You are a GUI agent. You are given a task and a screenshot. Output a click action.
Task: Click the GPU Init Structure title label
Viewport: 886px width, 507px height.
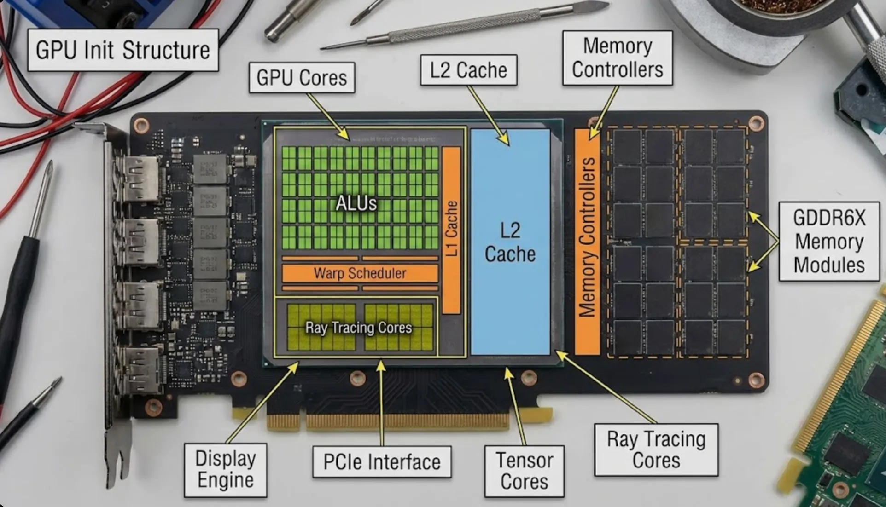click(x=122, y=50)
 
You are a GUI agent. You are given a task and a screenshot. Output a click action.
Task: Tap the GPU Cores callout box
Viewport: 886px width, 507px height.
click(x=302, y=78)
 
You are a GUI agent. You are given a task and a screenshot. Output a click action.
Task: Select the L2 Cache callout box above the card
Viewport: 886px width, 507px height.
click(x=468, y=70)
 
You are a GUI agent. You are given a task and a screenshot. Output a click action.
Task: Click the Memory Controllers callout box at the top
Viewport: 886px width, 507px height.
click(x=617, y=58)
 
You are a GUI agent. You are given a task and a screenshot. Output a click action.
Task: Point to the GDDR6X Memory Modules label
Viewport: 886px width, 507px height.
click(x=829, y=242)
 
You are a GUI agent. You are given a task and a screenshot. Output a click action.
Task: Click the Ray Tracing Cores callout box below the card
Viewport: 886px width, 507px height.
click(x=656, y=449)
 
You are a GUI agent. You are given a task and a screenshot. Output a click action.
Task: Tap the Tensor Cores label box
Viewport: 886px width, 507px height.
click(x=524, y=471)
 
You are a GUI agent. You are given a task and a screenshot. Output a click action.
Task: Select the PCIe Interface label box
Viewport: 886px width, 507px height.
click(x=382, y=462)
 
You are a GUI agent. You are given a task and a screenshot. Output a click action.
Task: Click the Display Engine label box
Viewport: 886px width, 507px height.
click(x=225, y=470)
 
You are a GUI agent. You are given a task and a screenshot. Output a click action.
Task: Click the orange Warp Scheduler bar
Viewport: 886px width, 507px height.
click(x=360, y=273)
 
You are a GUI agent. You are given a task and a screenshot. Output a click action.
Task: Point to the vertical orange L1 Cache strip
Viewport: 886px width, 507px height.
click(x=451, y=230)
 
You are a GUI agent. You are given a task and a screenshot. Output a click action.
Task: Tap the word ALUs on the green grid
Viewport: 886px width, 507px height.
click(x=356, y=203)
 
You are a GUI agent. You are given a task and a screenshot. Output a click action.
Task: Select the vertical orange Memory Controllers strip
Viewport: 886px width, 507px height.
click(x=587, y=242)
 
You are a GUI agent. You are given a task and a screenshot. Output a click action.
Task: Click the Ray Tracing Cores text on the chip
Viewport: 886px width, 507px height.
click(x=359, y=328)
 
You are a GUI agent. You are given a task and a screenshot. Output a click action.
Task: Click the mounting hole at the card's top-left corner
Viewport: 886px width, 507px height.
click(x=141, y=125)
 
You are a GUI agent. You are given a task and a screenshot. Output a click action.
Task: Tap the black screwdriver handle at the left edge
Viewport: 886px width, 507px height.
click(x=18, y=294)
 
